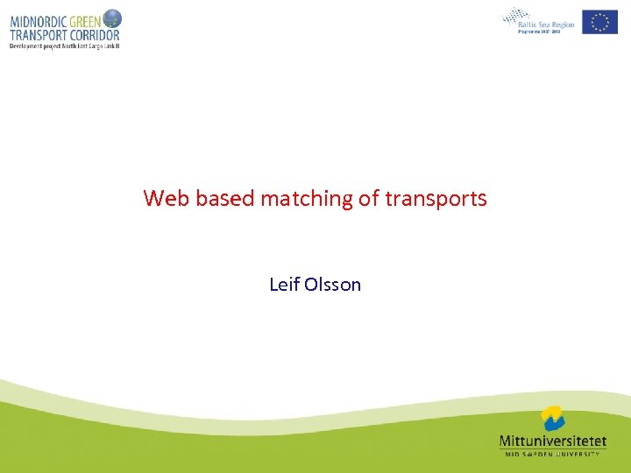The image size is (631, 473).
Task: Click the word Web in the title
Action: point(167,199)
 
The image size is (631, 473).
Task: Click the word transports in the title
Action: point(436,200)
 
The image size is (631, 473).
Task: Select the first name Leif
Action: point(284,285)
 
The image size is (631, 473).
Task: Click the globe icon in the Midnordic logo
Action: point(112,18)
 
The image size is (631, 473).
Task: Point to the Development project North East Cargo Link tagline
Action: point(63,46)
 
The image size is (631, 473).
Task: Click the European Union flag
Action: point(599,22)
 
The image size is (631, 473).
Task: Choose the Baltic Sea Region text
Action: point(547,25)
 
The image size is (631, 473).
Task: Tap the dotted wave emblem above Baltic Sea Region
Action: point(517,16)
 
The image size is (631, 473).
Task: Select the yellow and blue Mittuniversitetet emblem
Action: point(552,419)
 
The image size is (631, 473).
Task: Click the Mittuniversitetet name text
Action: point(551,441)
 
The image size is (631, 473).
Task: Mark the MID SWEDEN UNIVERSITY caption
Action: point(551,454)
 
